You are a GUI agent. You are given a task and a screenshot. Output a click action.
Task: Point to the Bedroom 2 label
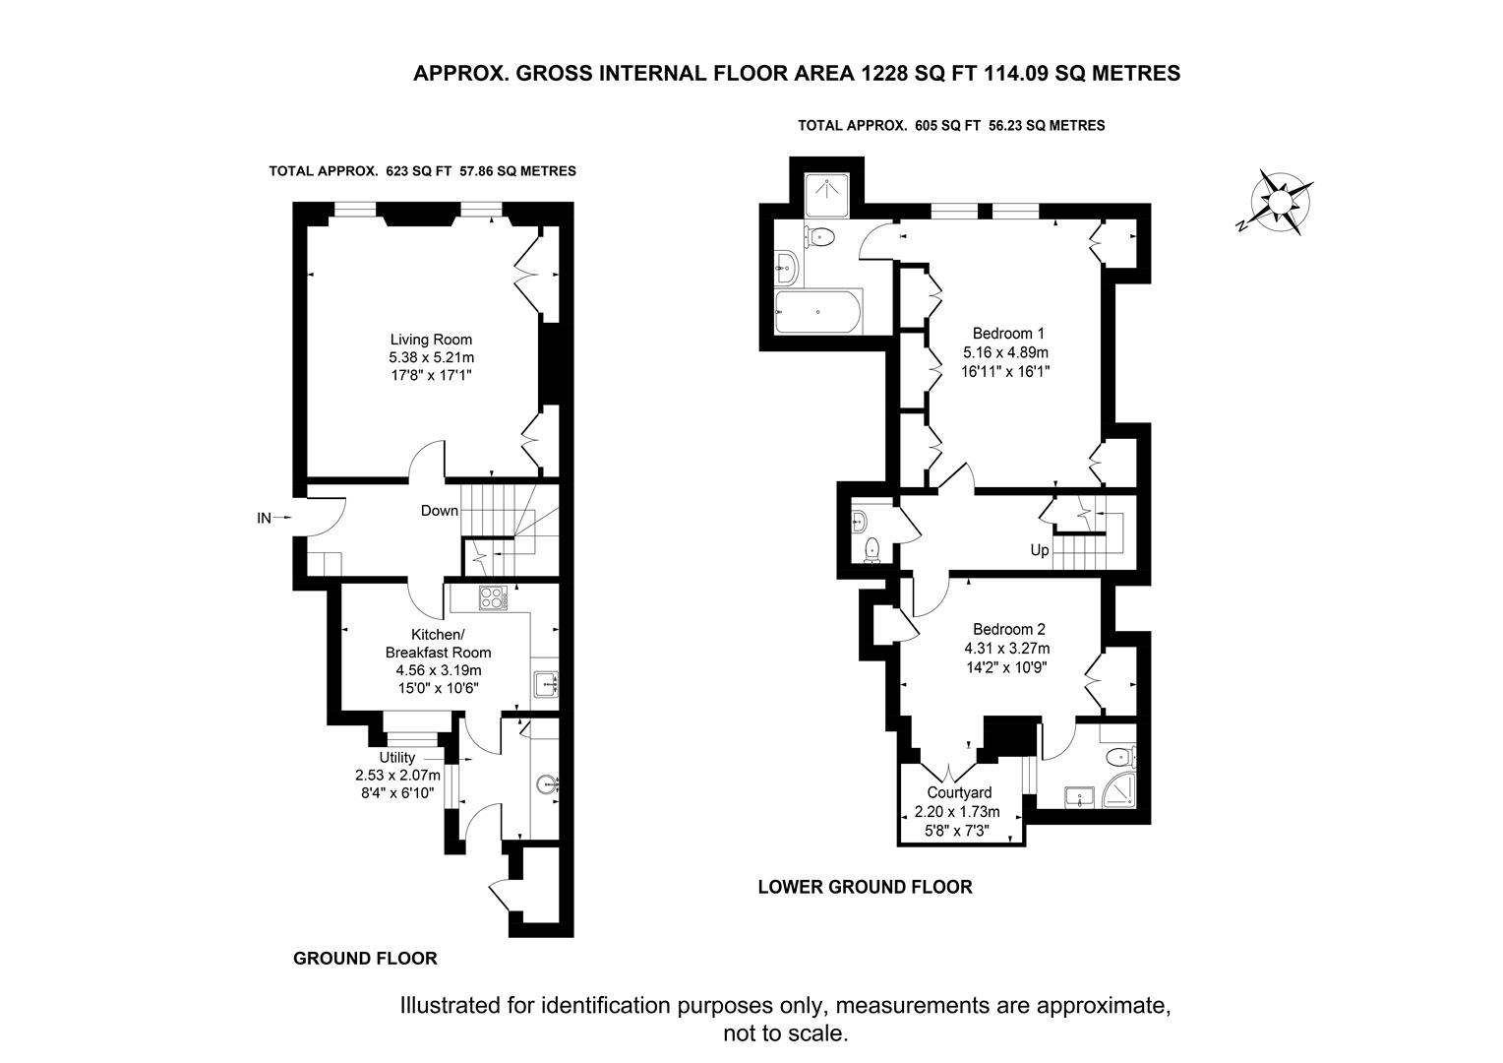(1008, 630)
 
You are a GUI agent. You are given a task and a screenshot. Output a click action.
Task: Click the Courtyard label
(959, 792)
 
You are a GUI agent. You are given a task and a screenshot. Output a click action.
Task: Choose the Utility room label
(397, 757)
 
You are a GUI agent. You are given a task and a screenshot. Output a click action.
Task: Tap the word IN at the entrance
(264, 517)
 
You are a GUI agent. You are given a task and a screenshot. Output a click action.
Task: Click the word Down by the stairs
(439, 510)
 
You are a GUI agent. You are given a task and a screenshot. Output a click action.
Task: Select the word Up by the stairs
(1040, 550)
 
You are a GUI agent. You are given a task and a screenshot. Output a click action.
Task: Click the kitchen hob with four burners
(491, 597)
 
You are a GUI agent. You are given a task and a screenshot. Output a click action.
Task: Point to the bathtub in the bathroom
(818, 312)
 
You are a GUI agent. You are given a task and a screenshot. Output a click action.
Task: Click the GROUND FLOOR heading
(365, 958)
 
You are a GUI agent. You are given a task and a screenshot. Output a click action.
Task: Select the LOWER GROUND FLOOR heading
(865, 887)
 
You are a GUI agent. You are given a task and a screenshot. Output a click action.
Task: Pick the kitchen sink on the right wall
(544, 682)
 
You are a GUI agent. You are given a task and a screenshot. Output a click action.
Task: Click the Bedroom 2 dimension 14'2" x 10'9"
(1008, 666)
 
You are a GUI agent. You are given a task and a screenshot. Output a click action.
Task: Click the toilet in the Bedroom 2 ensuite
(1118, 757)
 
